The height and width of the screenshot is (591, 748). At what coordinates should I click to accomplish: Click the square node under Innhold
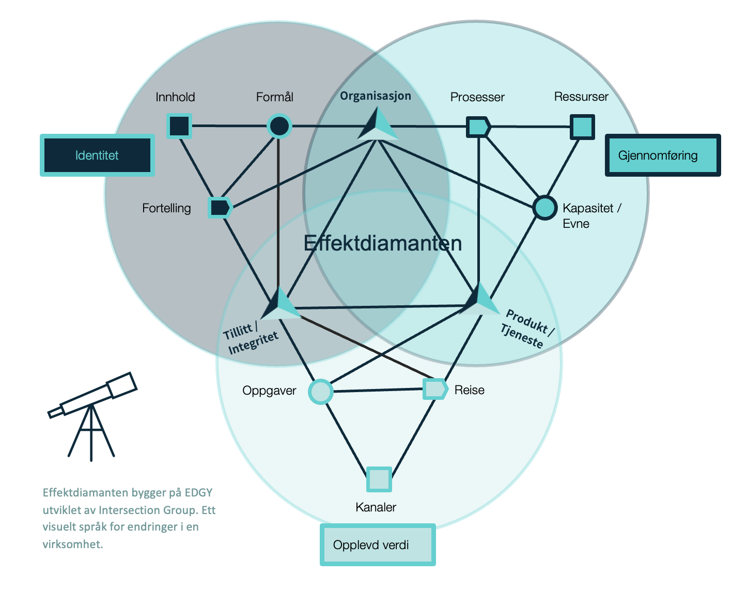[179, 126]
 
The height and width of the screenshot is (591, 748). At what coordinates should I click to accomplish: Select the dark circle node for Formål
[279, 126]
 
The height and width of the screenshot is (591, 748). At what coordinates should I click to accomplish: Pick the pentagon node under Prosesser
[478, 127]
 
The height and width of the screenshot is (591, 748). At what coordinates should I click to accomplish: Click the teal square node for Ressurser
[582, 127]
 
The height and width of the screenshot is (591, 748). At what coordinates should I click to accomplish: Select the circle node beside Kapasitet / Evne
[544, 208]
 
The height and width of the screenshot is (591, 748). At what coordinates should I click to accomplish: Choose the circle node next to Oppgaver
[320, 392]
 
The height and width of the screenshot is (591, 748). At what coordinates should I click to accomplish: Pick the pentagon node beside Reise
[435, 389]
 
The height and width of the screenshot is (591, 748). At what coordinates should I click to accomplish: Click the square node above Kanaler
[379, 479]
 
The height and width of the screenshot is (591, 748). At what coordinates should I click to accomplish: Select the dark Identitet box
[97, 155]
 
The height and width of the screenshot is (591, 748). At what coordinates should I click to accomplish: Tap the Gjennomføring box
[662, 155]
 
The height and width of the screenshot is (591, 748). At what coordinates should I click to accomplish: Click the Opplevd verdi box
[378, 545]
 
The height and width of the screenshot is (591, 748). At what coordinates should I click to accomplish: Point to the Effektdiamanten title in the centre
[382, 243]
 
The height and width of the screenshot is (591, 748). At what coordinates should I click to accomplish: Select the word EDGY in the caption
[198, 492]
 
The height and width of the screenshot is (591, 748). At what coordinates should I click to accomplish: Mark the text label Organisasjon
[376, 96]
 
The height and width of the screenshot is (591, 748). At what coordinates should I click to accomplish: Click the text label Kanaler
[376, 507]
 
